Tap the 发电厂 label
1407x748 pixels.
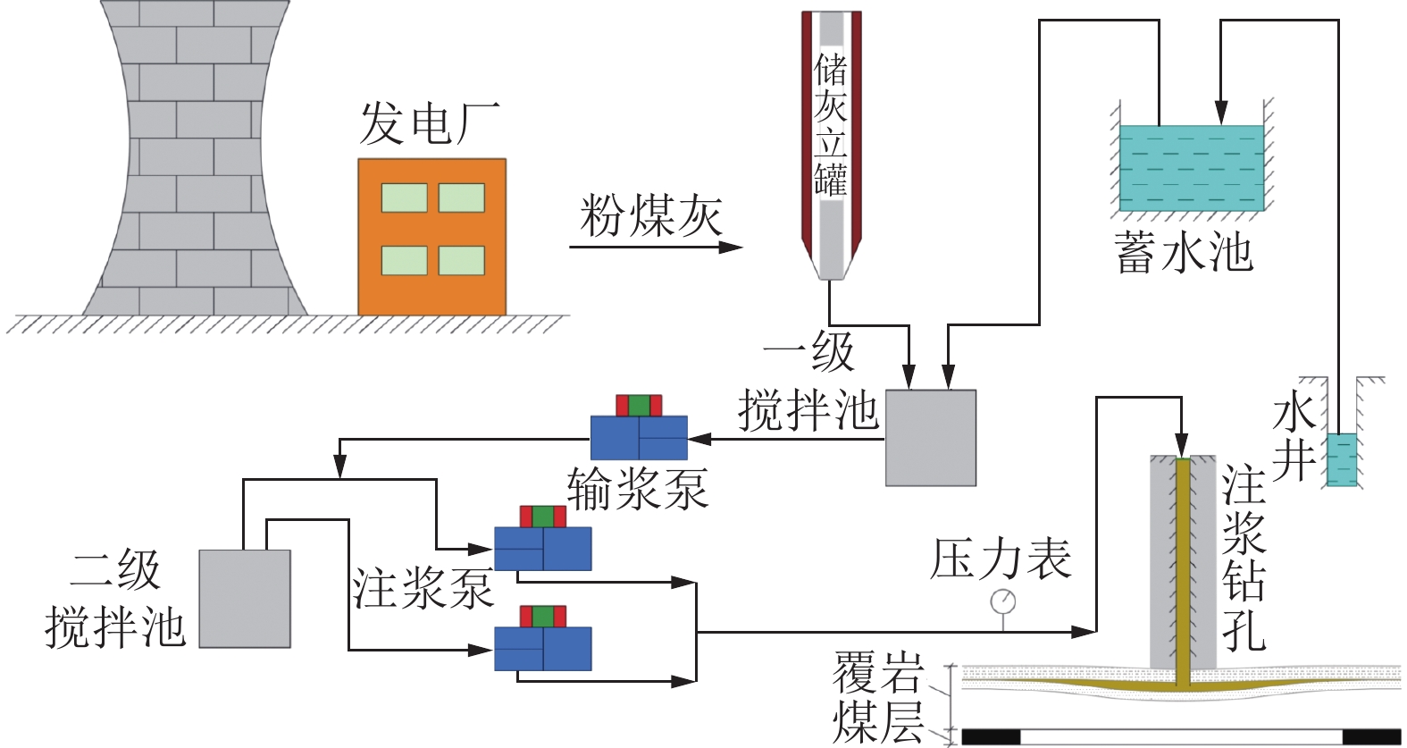pyautogui.click(x=429, y=123)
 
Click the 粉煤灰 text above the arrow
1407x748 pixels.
pyautogui.click(x=650, y=215)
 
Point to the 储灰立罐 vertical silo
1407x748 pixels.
pyautogui.click(x=831, y=143)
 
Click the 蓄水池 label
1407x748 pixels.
pyautogui.click(x=1184, y=252)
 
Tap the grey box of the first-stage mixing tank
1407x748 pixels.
pyautogui.click(x=930, y=438)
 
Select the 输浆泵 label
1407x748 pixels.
pyautogui.click(x=638, y=489)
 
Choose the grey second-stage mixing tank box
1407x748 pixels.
pyautogui.click(x=245, y=598)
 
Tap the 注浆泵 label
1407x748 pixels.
pyautogui.click(x=423, y=587)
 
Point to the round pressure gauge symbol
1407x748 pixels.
pyautogui.click(x=1003, y=601)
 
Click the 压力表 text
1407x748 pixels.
pyautogui.click(x=1001, y=559)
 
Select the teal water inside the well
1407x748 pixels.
pyautogui.click(x=1341, y=459)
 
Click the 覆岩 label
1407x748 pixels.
pyautogui.click(x=877, y=672)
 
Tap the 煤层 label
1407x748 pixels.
pyautogui.click(x=877, y=722)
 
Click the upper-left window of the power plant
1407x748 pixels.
pyautogui.click(x=404, y=198)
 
